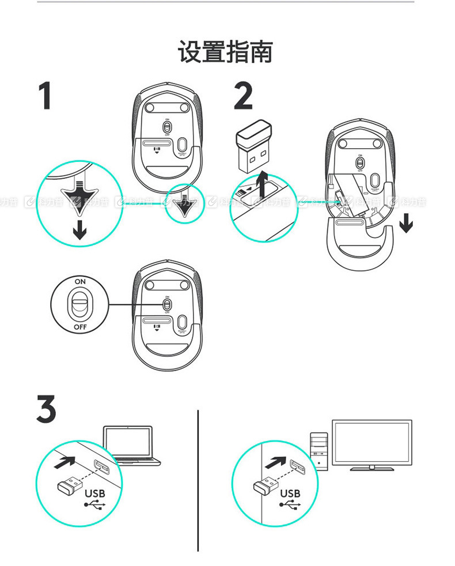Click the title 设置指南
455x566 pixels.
(x=225, y=51)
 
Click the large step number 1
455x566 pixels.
(x=45, y=96)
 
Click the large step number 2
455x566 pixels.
(x=243, y=96)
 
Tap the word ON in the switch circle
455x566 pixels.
(x=80, y=281)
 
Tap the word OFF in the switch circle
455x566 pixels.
(x=80, y=327)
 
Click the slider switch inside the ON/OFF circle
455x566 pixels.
(x=80, y=303)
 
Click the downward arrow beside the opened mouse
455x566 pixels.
(x=406, y=221)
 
